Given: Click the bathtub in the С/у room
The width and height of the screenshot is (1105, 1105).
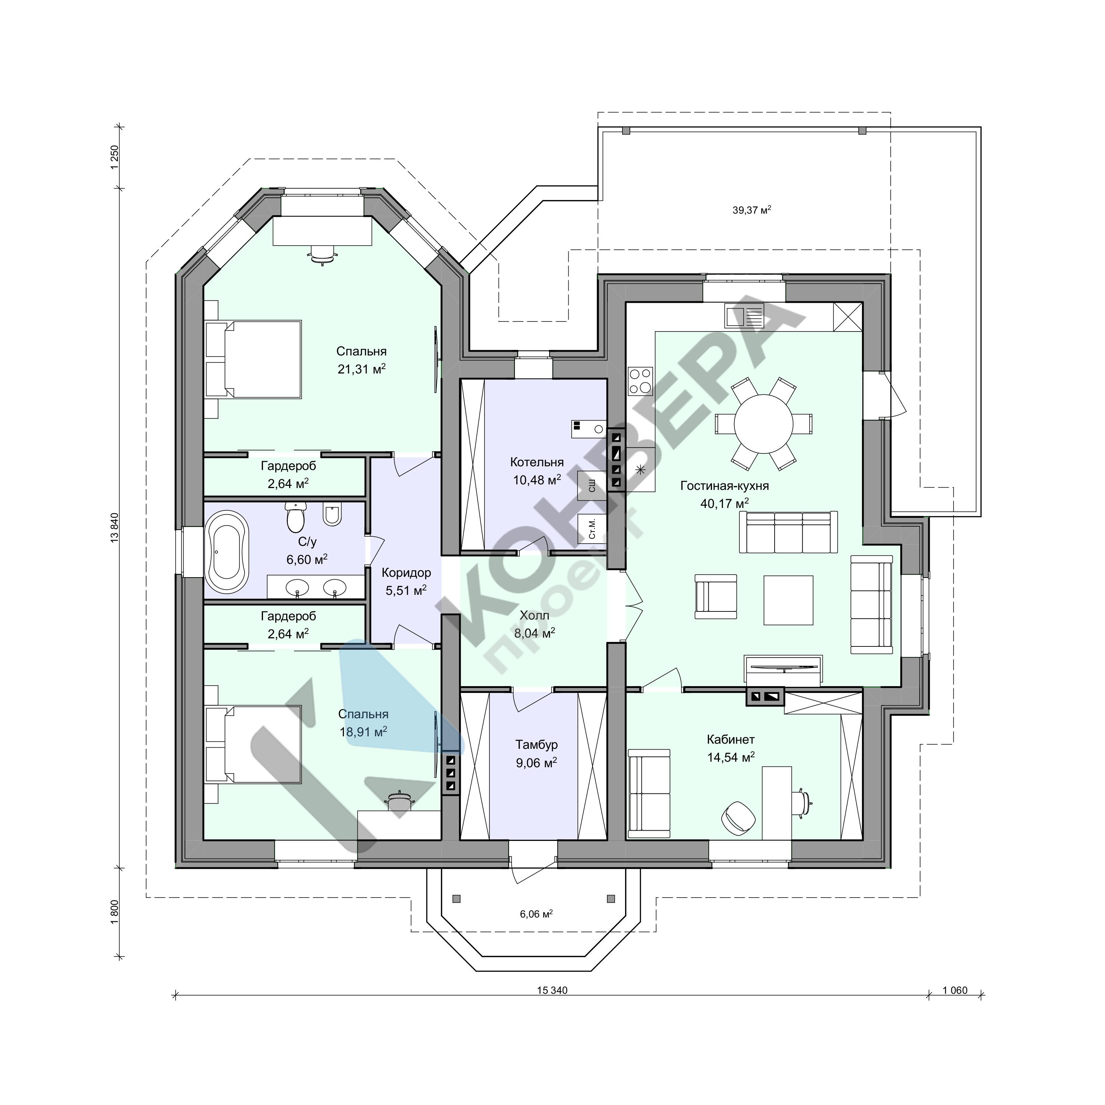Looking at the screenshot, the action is (x=227, y=552).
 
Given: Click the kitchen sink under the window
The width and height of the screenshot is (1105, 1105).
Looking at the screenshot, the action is (x=744, y=316).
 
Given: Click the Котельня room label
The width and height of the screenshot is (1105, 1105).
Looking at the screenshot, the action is (x=537, y=462).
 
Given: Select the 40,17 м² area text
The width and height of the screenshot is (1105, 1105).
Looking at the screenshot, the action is (x=725, y=503).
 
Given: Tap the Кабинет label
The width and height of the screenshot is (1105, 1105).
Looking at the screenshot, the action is (x=730, y=740).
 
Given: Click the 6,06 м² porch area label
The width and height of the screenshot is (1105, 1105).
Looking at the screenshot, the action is (x=536, y=914).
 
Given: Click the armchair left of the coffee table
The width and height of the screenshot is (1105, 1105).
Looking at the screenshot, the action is (x=716, y=597).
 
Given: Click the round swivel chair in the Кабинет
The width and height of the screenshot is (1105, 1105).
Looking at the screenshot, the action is (x=738, y=817).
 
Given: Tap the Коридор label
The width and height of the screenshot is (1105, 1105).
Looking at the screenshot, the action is (x=406, y=572).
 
